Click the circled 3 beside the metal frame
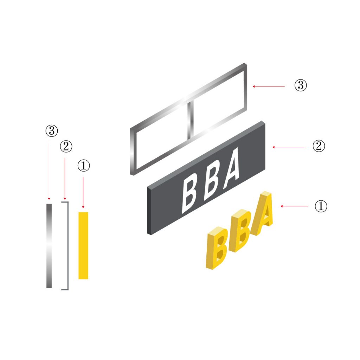301,86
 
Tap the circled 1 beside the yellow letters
321,206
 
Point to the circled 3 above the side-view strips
51,131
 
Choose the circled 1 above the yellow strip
83,166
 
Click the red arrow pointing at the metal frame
269,86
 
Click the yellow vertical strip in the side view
83,245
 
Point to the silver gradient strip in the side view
49,245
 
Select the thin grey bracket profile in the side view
67,245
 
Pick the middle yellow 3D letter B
239,231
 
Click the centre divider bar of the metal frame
190,120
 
